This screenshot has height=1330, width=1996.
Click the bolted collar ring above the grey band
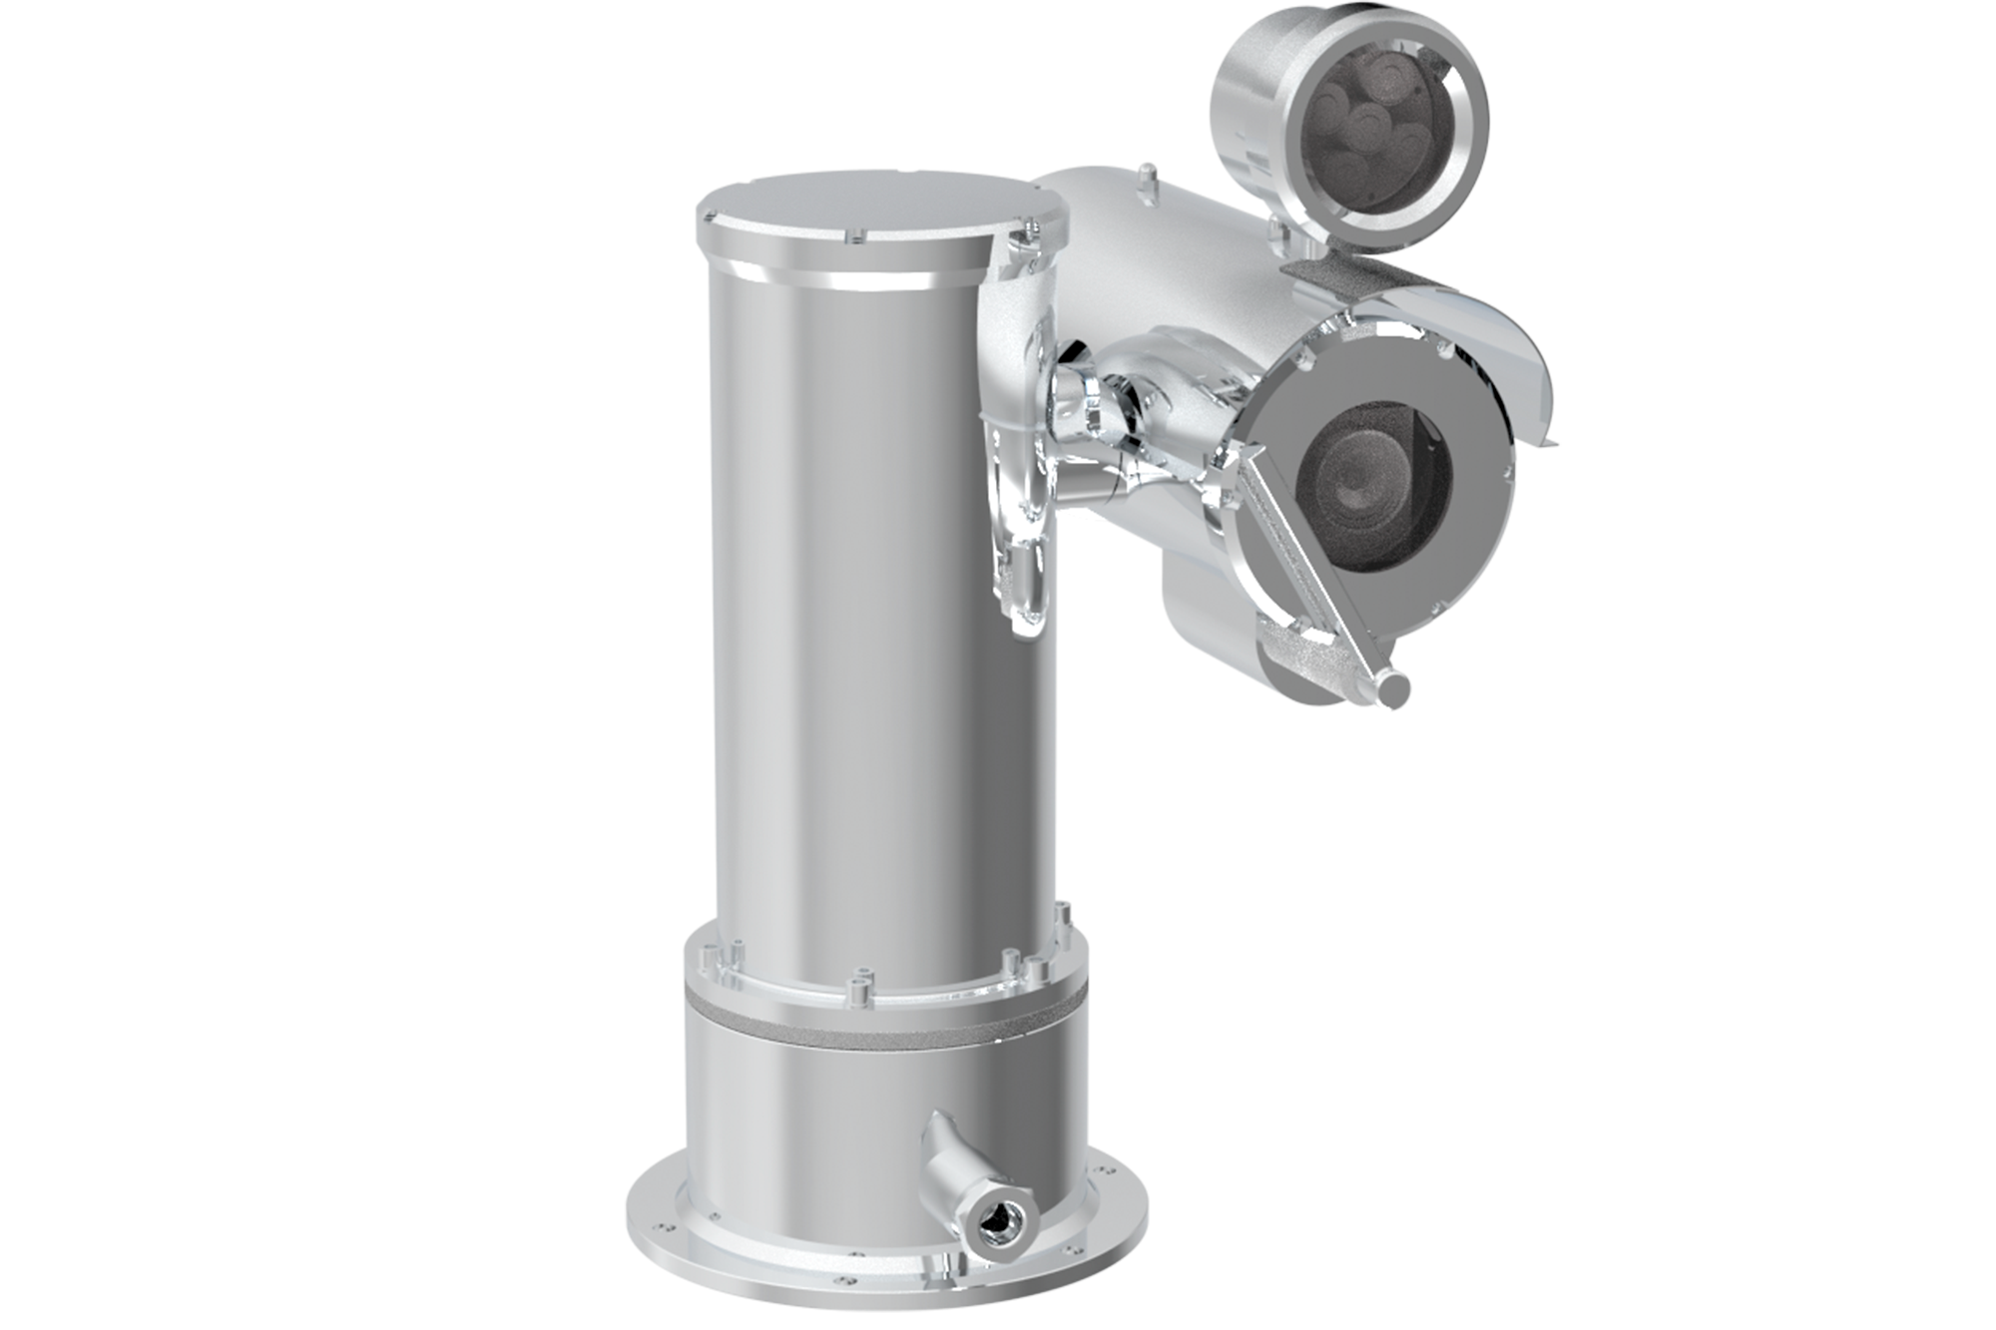coord(878,973)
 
